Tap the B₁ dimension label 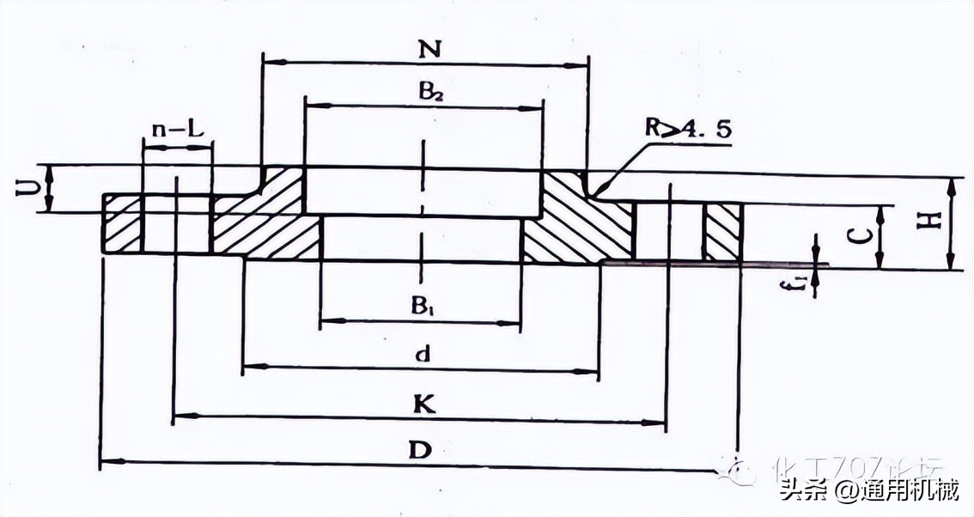(x=422, y=306)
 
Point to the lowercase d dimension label (x=419, y=354)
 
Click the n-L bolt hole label (x=178, y=130)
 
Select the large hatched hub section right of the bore (x=575, y=223)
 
